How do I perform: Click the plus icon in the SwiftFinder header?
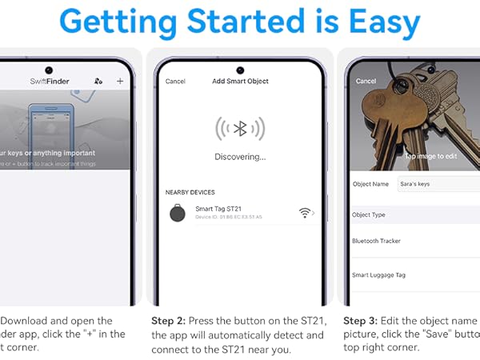tap(120, 81)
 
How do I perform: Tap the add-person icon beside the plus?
tap(98, 81)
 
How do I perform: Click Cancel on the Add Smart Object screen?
tap(175, 82)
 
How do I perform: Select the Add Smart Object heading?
tap(240, 82)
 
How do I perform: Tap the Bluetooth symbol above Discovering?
tap(240, 129)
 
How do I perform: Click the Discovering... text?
tap(240, 157)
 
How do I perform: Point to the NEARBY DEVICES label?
tap(190, 193)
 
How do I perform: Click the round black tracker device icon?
tap(177, 213)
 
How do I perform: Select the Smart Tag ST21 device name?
tap(218, 209)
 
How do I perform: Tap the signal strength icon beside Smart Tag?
tap(304, 213)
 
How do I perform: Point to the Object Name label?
tap(370, 184)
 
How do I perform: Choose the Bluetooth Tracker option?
tap(377, 241)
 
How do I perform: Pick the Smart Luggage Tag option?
tap(379, 275)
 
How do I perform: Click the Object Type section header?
tap(369, 215)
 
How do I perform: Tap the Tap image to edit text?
tap(432, 157)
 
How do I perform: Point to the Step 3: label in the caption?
tap(361, 320)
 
